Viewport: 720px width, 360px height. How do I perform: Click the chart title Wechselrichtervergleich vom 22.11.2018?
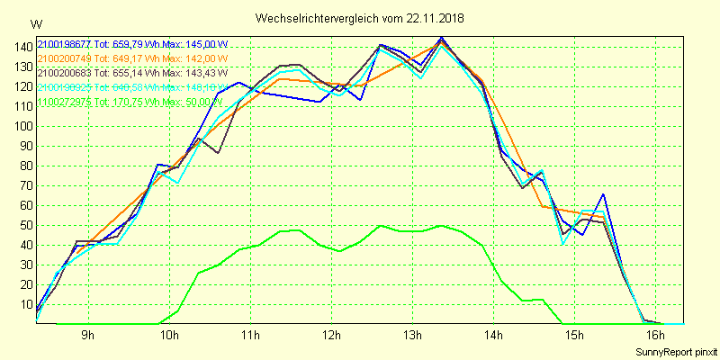pyautogui.click(x=360, y=18)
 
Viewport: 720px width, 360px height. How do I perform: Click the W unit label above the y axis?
pyautogui.click(x=35, y=23)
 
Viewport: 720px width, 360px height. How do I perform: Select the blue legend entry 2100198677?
pyautogui.click(x=132, y=44)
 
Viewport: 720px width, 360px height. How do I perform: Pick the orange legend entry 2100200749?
pyautogui.click(x=131, y=58)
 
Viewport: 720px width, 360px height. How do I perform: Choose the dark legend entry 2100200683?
pyautogui.click(x=132, y=73)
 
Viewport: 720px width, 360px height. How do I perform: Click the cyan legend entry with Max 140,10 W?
pyautogui.click(x=132, y=87)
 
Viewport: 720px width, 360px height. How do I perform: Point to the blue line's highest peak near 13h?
pyautogui.click(x=441, y=38)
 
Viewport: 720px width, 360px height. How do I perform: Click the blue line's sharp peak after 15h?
pyautogui.click(x=603, y=194)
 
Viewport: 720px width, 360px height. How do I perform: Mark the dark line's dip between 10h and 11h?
pyautogui.click(x=218, y=153)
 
